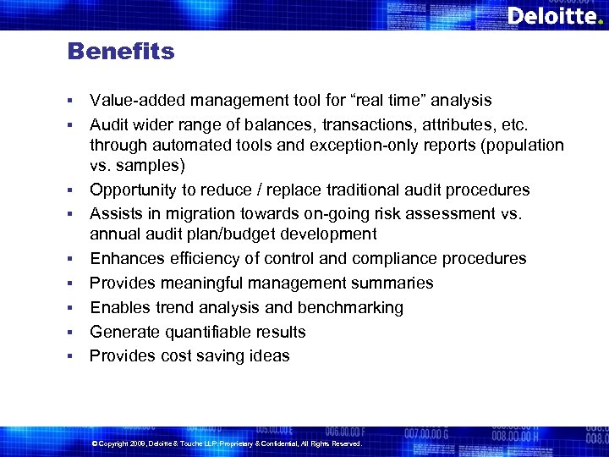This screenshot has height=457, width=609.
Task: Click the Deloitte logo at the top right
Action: click(554, 16)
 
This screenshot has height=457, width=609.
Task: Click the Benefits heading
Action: click(121, 52)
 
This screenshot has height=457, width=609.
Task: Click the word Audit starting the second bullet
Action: click(110, 124)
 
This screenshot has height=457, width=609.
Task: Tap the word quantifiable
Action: click(204, 332)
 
